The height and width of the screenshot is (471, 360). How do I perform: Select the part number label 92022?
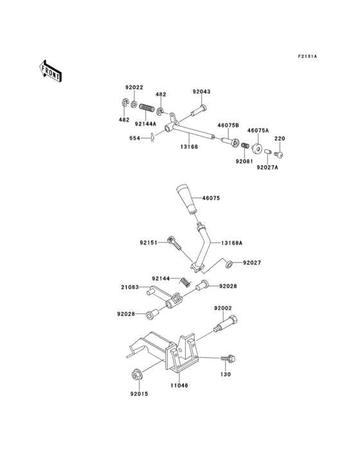pos(134,87)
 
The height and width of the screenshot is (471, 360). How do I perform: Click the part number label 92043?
pos(201,93)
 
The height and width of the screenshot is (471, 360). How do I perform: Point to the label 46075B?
pos(228,125)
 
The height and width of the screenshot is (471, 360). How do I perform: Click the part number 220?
pos(279,138)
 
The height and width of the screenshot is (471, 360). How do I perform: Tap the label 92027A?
pos(268,168)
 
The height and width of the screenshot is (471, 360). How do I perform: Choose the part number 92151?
pos(148,243)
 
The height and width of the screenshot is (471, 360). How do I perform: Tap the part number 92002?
pos(223,309)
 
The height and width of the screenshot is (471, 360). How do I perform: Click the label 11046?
pos(179,386)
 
